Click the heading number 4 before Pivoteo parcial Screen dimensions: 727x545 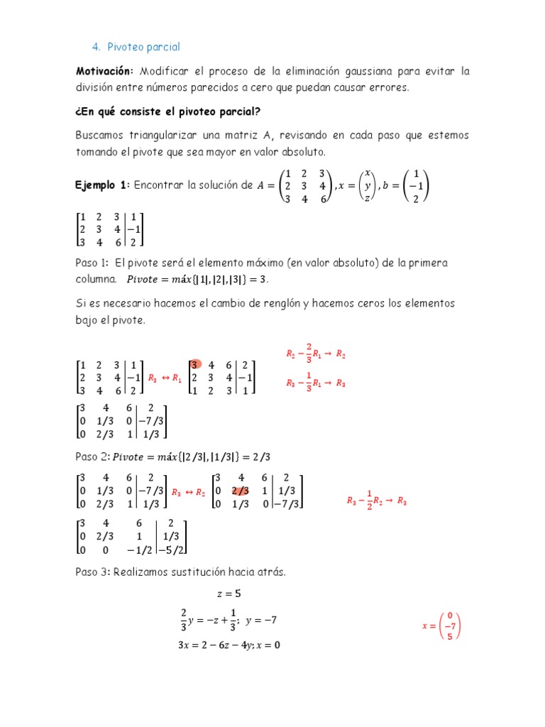[95, 47]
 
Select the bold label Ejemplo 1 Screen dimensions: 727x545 [102, 185]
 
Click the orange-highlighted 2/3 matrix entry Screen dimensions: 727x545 [241, 491]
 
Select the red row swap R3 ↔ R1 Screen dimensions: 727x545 [164, 378]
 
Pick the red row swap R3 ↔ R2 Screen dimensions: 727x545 [188, 491]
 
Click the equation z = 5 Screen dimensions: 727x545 [229, 594]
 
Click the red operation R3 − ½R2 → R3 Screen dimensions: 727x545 [376, 501]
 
